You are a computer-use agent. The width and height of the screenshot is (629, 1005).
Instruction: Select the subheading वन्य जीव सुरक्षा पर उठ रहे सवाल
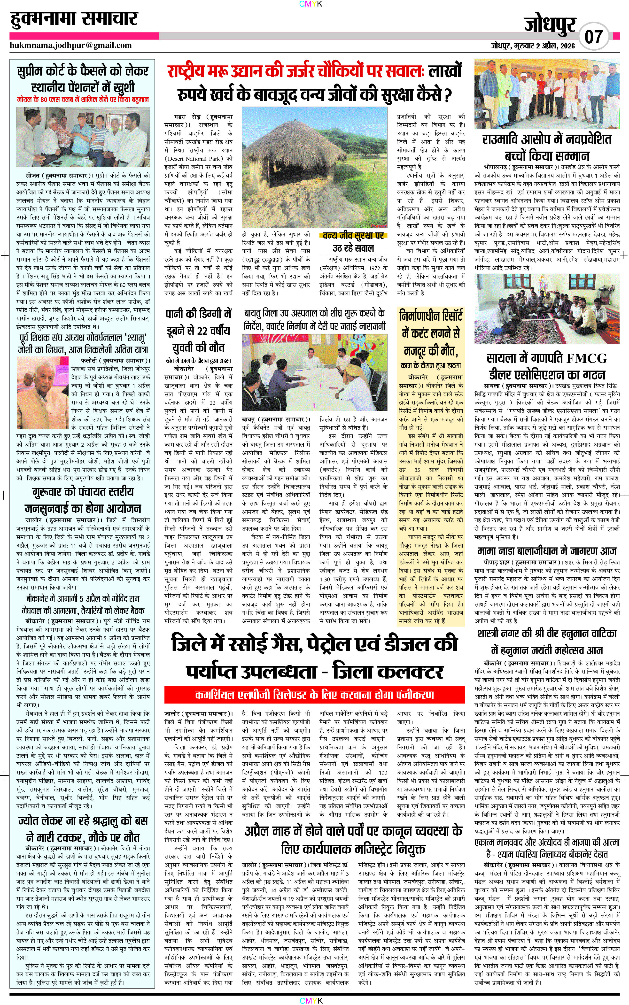353,242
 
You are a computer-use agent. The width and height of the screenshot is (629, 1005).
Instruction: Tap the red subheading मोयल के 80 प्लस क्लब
83,100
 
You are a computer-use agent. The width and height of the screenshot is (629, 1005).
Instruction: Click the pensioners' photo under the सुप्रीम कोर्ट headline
83,137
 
